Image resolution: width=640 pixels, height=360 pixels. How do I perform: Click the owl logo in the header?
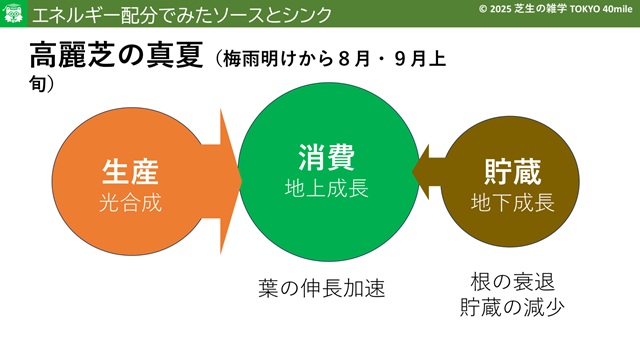click(13, 13)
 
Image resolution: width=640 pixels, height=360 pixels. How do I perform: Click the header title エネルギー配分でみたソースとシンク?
click(182, 16)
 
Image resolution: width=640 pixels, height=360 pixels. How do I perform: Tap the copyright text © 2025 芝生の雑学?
click(523, 9)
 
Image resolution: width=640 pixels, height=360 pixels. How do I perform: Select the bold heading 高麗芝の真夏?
click(116, 55)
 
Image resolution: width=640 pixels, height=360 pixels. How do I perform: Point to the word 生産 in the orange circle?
click(130, 172)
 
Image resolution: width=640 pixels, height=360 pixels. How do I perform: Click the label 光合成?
click(131, 202)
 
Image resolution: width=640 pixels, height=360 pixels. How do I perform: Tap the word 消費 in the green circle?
click(326, 157)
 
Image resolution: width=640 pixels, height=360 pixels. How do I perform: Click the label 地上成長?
click(327, 188)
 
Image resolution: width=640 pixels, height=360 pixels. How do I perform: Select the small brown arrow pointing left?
click(428, 172)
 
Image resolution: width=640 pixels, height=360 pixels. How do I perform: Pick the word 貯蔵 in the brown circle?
click(513, 172)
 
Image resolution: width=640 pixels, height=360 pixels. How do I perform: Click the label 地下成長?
click(513, 202)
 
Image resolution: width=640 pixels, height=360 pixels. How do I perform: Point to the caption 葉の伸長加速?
click(322, 288)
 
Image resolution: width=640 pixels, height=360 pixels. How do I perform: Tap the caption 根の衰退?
click(513, 282)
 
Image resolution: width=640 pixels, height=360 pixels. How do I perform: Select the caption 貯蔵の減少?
click(513, 307)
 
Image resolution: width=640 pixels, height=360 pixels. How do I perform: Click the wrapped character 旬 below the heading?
click(37, 83)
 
